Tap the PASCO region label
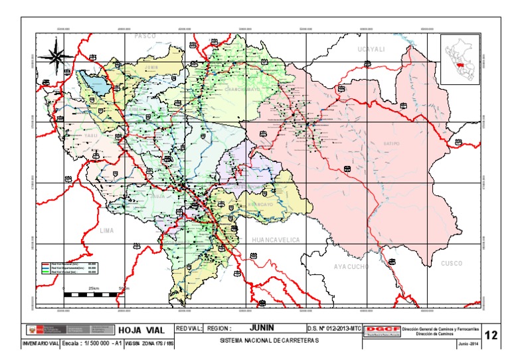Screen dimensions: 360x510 tap(145, 36)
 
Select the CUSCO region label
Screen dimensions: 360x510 tap(452, 264)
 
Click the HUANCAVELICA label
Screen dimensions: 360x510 tap(276, 239)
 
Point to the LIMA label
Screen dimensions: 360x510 tap(106, 230)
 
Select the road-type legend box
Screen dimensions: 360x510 tap(68, 268)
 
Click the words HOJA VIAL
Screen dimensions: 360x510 tap(141, 330)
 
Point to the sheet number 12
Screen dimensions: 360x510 tap(491, 335)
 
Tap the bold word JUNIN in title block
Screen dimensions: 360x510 tap(262, 328)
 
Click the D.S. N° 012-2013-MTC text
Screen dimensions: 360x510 tap(334, 328)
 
